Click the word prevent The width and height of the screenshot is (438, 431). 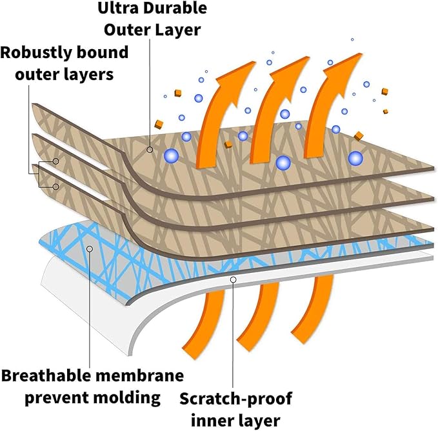[55, 397]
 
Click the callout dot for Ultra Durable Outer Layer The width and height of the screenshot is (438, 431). [150, 150]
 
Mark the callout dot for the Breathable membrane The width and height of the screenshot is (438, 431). [89, 248]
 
